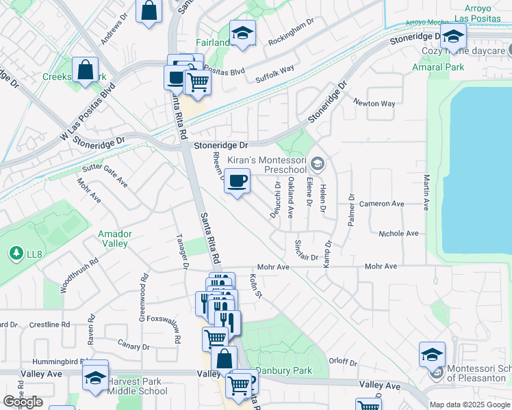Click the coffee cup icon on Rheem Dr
click(x=237, y=181)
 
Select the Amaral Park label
click(x=438, y=67)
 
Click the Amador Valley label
click(x=115, y=238)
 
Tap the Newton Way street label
click(x=374, y=104)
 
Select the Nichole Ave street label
click(x=398, y=234)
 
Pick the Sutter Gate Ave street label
click(x=105, y=176)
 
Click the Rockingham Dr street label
click(x=291, y=32)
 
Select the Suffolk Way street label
click(x=274, y=74)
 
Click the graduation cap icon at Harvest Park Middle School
click(x=95, y=377)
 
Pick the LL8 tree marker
click(x=15, y=254)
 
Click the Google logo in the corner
click(x=23, y=402)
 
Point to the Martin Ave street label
click(x=426, y=192)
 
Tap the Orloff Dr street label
click(x=344, y=362)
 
